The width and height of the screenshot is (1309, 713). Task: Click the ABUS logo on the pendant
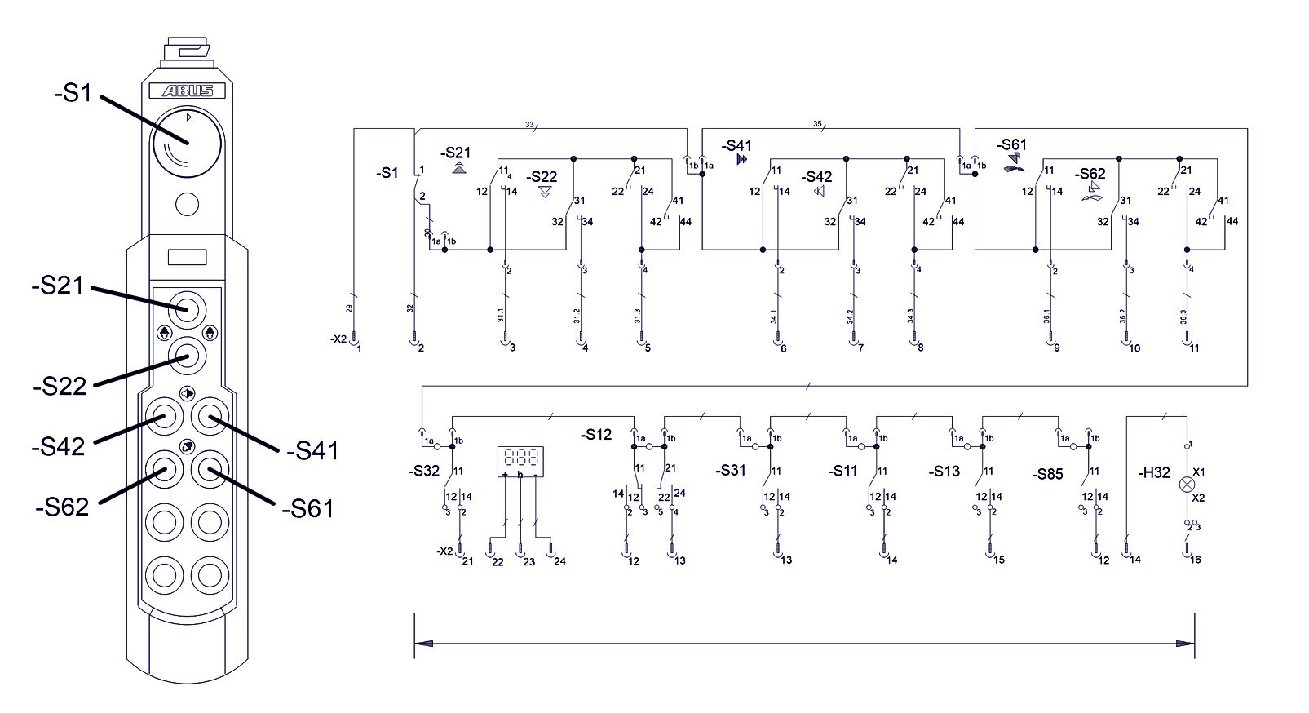click(187, 91)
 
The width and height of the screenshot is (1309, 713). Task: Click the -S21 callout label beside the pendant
click(58, 286)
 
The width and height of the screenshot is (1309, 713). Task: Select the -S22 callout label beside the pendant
click(60, 386)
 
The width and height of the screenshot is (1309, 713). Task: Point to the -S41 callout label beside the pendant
click(312, 449)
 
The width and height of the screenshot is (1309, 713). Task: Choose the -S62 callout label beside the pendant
click(61, 507)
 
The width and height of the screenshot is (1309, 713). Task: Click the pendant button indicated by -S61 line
click(210, 469)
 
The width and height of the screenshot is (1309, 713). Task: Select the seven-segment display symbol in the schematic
click(520, 461)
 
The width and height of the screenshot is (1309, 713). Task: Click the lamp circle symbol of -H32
click(1187, 485)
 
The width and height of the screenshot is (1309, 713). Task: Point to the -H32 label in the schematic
click(1153, 472)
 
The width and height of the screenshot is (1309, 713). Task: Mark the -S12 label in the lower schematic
click(596, 435)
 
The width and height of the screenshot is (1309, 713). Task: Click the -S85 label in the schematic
click(1047, 474)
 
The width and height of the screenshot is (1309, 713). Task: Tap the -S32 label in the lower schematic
click(423, 471)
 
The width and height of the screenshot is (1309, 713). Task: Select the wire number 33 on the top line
click(528, 125)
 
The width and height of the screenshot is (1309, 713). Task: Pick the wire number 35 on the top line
click(817, 124)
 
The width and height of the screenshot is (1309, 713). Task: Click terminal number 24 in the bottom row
click(559, 561)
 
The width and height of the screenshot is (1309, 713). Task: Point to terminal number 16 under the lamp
click(1196, 560)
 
